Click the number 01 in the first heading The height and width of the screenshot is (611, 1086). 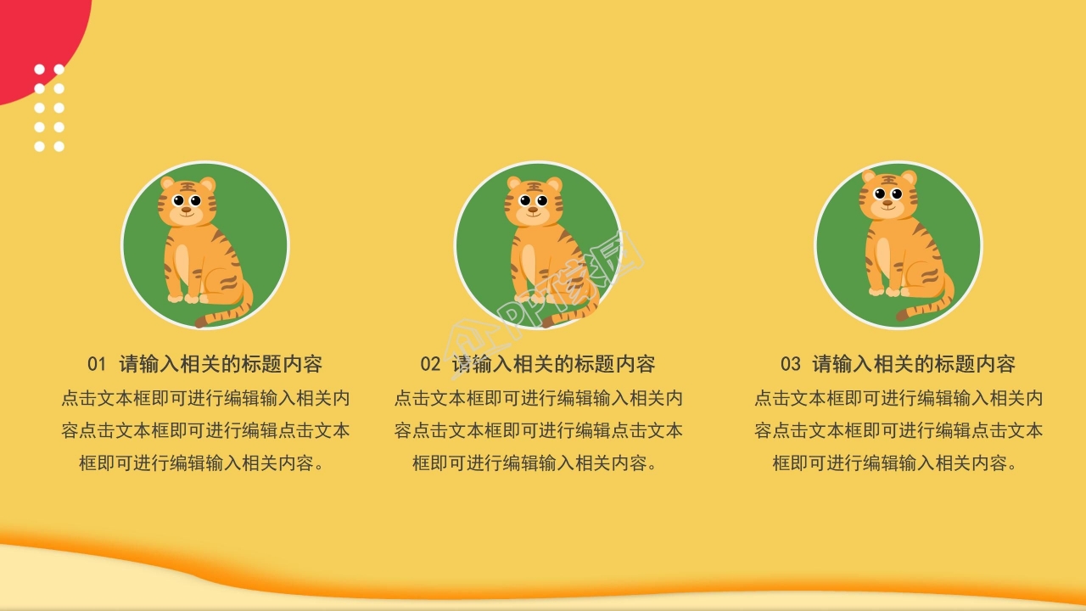(x=97, y=365)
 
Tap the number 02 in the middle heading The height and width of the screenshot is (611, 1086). (x=430, y=365)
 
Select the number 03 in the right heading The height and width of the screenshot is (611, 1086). (x=790, y=365)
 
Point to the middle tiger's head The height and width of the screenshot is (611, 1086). (x=533, y=201)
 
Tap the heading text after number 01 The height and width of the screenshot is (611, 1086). (x=221, y=365)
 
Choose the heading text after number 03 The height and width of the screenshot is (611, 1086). (x=914, y=365)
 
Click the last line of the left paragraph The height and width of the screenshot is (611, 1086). (x=204, y=463)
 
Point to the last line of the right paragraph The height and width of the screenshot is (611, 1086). (x=898, y=463)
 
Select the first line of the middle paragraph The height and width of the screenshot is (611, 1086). (x=538, y=398)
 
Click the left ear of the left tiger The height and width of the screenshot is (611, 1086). (x=167, y=182)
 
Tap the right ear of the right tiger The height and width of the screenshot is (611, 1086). (x=909, y=177)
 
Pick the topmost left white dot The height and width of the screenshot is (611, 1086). (x=39, y=70)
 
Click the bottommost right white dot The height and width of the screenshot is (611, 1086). (x=59, y=147)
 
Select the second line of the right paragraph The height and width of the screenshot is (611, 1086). (x=898, y=431)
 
